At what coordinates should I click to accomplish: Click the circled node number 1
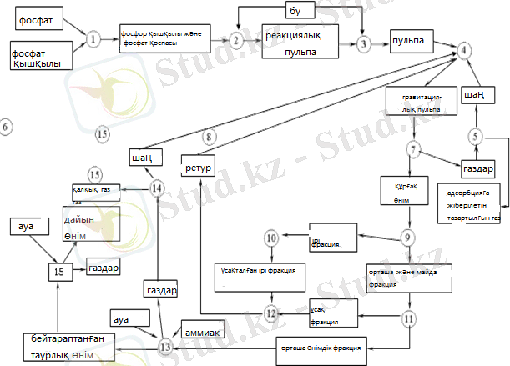point(93,38)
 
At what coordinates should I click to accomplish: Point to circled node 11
point(409,318)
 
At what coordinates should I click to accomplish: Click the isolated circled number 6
point(6,128)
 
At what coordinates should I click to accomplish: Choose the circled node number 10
point(271,238)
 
